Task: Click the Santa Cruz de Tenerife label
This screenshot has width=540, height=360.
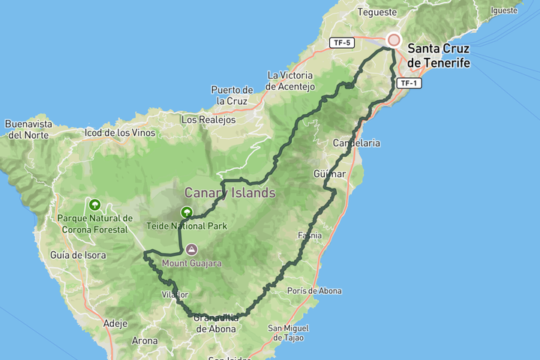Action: coord(439,56)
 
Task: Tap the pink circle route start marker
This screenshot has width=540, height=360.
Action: coord(393,40)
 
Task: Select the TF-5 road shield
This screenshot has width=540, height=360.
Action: coord(340,43)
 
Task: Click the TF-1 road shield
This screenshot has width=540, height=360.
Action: coord(409,82)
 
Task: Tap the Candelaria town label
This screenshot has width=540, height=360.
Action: coord(357,142)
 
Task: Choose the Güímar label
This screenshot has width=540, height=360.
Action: coord(329,174)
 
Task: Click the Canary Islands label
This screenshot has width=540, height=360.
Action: coord(230,193)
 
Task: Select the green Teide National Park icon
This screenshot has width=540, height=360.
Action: coord(186,213)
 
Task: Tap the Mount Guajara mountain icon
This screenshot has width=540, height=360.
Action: coord(191,249)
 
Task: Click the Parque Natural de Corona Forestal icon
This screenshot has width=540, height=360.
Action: coord(94,204)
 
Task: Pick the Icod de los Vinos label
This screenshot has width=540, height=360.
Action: coord(120,133)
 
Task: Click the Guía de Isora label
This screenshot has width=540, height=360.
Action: coord(78,255)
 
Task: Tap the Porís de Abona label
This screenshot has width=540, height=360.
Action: coord(314,291)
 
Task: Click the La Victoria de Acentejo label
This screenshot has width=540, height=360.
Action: coord(291,81)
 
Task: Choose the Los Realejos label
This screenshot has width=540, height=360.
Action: coord(208,119)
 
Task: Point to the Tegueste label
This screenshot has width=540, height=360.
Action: coord(376,12)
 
